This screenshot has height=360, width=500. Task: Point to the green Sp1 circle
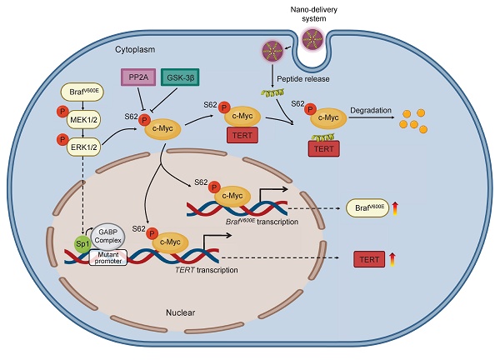coord(82,244)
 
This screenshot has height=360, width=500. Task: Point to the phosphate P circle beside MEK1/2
coord(61,113)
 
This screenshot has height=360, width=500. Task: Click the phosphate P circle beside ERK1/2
coord(61,139)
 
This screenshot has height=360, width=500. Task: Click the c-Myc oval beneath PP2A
coord(165,128)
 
